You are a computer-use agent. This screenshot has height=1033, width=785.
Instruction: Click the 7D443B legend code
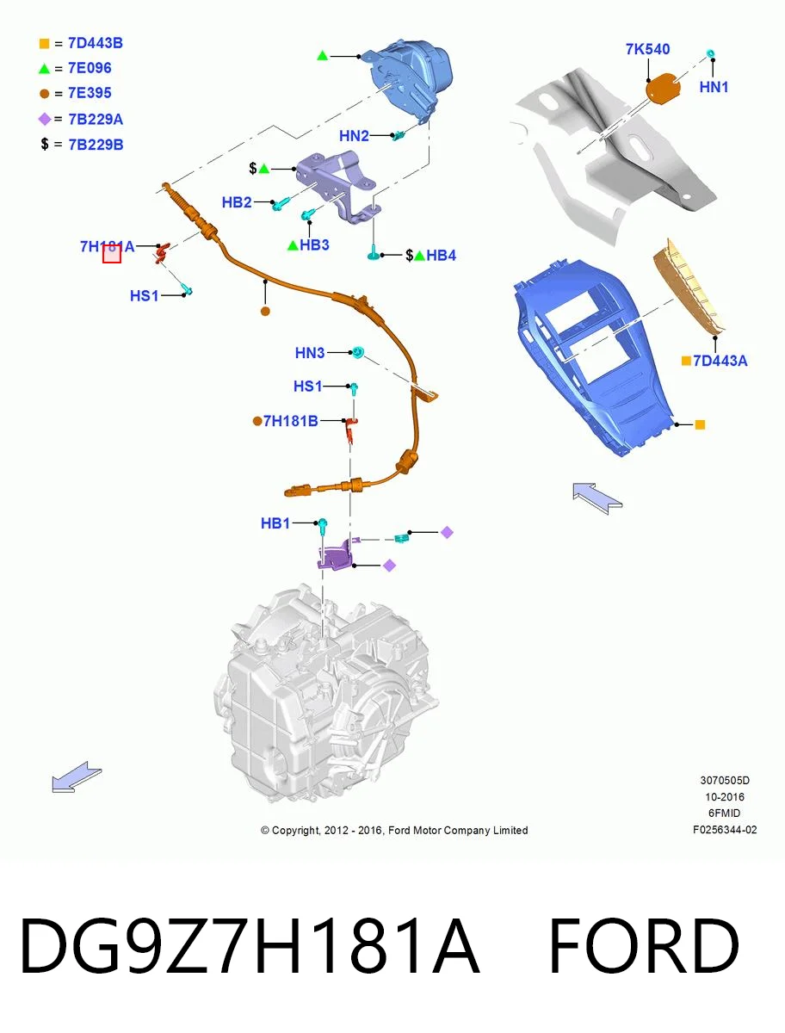click(95, 43)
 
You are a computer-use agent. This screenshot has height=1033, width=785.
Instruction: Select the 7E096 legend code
click(90, 68)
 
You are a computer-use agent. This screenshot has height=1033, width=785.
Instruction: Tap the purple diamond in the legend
click(44, 119)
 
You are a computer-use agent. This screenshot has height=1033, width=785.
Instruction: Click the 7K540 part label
click(647, 49)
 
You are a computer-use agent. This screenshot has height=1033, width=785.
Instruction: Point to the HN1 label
click(714, 87)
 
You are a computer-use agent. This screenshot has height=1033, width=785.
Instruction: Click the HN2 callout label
click(354, 136)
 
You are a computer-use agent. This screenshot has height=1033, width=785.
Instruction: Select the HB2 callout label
click(237, 202)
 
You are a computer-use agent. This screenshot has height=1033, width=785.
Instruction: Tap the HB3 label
click(314, 244)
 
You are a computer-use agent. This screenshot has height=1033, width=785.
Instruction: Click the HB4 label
click(442, 256)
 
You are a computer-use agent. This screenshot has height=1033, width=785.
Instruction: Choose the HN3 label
click(310, 352)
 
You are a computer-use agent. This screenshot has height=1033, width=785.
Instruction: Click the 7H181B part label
click(290, 421)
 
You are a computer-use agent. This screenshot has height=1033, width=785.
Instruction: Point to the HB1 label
click(275, 523)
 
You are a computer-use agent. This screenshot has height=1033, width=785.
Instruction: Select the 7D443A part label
click(720, 361)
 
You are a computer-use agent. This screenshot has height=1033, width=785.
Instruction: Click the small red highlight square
click(112, 254)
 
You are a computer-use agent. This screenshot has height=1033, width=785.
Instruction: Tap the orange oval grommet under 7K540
click(663, 87)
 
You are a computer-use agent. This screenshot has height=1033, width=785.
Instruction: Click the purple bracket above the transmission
click(336, 556)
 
